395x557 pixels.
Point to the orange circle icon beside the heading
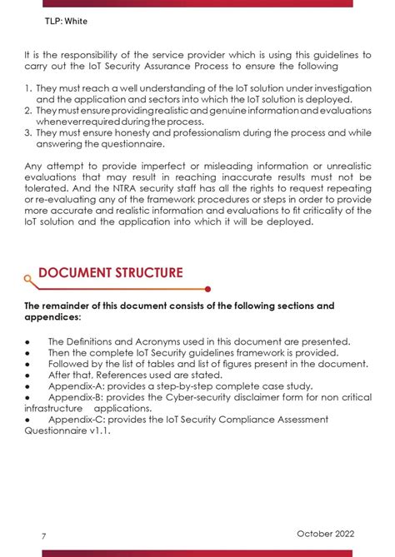click(28, 281)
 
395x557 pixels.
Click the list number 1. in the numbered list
click(27, 87)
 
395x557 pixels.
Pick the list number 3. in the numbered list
click(27, 131)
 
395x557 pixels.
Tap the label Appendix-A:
click(78, 386)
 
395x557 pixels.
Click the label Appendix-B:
click(78, 398)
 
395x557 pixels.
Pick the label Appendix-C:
click(78, 420)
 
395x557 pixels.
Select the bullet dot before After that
click(27, 375)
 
